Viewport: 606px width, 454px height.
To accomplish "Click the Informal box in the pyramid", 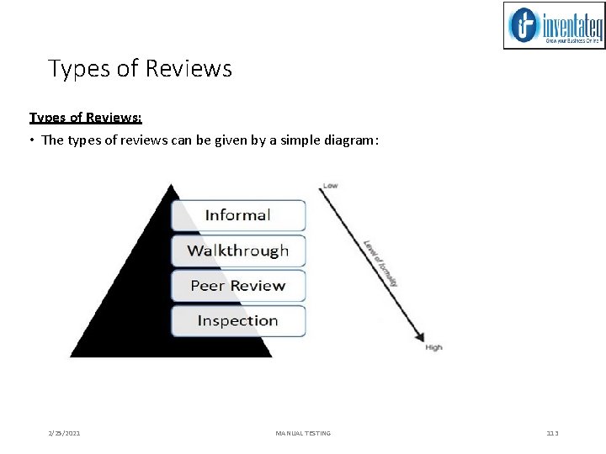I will click(x=238, y=215).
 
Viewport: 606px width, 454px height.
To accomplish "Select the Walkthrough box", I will click(x=238, y=251).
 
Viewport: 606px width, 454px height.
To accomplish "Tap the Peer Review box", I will click(x=238, y=286).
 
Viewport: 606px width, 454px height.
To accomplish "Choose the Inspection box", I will click(x=238, y=320).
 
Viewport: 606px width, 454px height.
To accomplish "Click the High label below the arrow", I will click(x=433, y=347).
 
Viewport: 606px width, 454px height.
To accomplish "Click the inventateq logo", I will click(x=554, y=25).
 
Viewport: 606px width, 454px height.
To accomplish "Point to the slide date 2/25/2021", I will click(x=65, y=433).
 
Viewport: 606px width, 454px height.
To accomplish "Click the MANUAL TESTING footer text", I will click(x=303, y=433).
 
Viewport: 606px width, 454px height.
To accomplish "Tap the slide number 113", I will click(x=552, y=433).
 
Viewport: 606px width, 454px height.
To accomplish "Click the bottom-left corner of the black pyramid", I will click(x=72, y=356).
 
